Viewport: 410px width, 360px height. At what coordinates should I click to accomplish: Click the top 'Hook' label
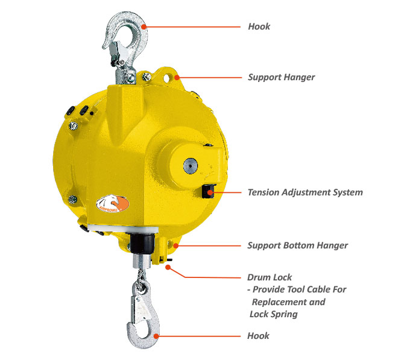[259, 27]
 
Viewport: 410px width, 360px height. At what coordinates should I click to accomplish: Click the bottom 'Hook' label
[259, 335]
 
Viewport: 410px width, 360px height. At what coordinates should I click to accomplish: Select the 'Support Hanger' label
[281, 78]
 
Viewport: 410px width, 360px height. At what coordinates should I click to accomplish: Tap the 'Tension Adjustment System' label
[305, 192]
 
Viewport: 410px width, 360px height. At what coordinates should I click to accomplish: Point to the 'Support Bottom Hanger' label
[297, 245]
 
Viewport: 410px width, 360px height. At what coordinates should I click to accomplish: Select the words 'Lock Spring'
[273, 314]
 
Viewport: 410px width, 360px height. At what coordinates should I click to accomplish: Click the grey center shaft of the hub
[191, 166]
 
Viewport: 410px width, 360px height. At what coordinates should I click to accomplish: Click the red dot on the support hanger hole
[176, 77]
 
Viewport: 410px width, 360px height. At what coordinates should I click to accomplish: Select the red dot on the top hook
[145, 27]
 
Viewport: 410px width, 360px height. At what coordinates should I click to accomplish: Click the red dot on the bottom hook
[156, 335]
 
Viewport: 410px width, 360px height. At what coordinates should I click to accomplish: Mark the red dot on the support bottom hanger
[174, 245]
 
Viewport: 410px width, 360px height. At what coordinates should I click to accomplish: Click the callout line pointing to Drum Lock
[205, 277]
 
